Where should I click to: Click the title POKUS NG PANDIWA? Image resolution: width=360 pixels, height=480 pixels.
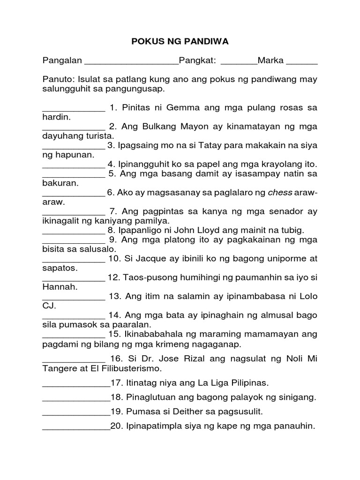click(180, 42)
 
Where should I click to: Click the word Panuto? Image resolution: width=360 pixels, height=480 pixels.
click(58, 80)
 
